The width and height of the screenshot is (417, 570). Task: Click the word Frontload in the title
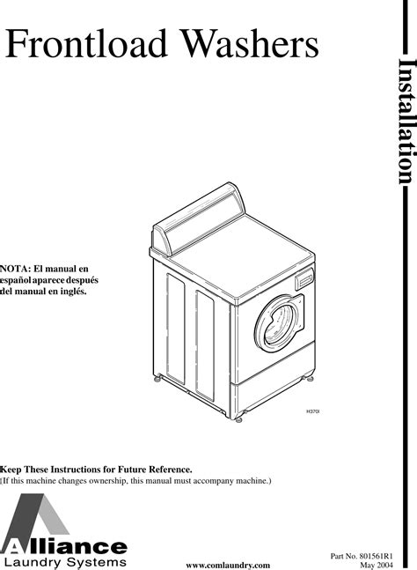86,43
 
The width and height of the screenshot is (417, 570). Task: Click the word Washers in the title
250,43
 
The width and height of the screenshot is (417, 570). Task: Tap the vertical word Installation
406,121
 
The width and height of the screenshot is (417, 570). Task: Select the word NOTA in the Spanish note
15,269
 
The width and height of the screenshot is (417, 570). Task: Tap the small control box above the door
304,278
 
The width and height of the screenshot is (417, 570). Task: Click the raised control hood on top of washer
198,218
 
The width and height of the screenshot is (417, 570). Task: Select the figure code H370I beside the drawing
313,411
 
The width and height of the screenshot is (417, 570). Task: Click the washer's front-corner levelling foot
238,419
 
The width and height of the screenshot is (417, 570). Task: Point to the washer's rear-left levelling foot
157,379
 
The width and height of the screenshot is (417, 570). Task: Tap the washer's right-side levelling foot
310,379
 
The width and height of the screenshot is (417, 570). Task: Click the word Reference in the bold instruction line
171,470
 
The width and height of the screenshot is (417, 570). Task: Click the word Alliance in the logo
64,547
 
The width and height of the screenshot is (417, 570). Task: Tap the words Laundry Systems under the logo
65,562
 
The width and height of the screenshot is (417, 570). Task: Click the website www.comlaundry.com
228,566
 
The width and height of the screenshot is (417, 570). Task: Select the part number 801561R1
377,556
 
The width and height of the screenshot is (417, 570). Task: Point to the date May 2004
377,565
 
